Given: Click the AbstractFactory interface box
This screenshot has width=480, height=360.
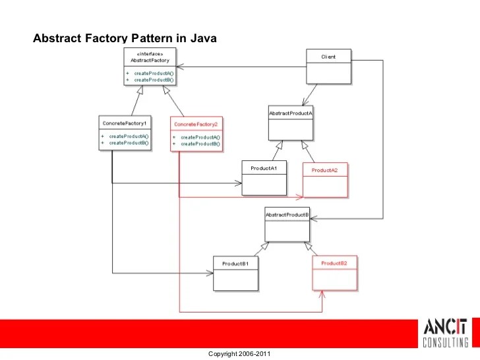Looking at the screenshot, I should [150, 66].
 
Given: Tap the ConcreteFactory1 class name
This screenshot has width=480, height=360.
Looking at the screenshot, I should [125, 123].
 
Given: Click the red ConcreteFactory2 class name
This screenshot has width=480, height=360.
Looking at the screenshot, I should [195, 124].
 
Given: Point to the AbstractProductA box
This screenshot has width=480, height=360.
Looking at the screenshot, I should [290, 123].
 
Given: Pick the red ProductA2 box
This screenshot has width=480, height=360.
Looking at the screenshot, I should [324, 179].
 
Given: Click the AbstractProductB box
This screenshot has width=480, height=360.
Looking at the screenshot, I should [287, 225].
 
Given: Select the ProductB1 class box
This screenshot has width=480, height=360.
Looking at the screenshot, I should [235, 273].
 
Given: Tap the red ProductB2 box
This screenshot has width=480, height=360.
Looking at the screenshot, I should [334, 273].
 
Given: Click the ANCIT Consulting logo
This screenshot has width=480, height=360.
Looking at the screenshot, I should [445, 333].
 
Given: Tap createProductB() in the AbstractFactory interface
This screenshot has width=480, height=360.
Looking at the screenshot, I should [154, 79].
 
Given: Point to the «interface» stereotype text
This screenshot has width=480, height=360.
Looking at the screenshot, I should [151, 53].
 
